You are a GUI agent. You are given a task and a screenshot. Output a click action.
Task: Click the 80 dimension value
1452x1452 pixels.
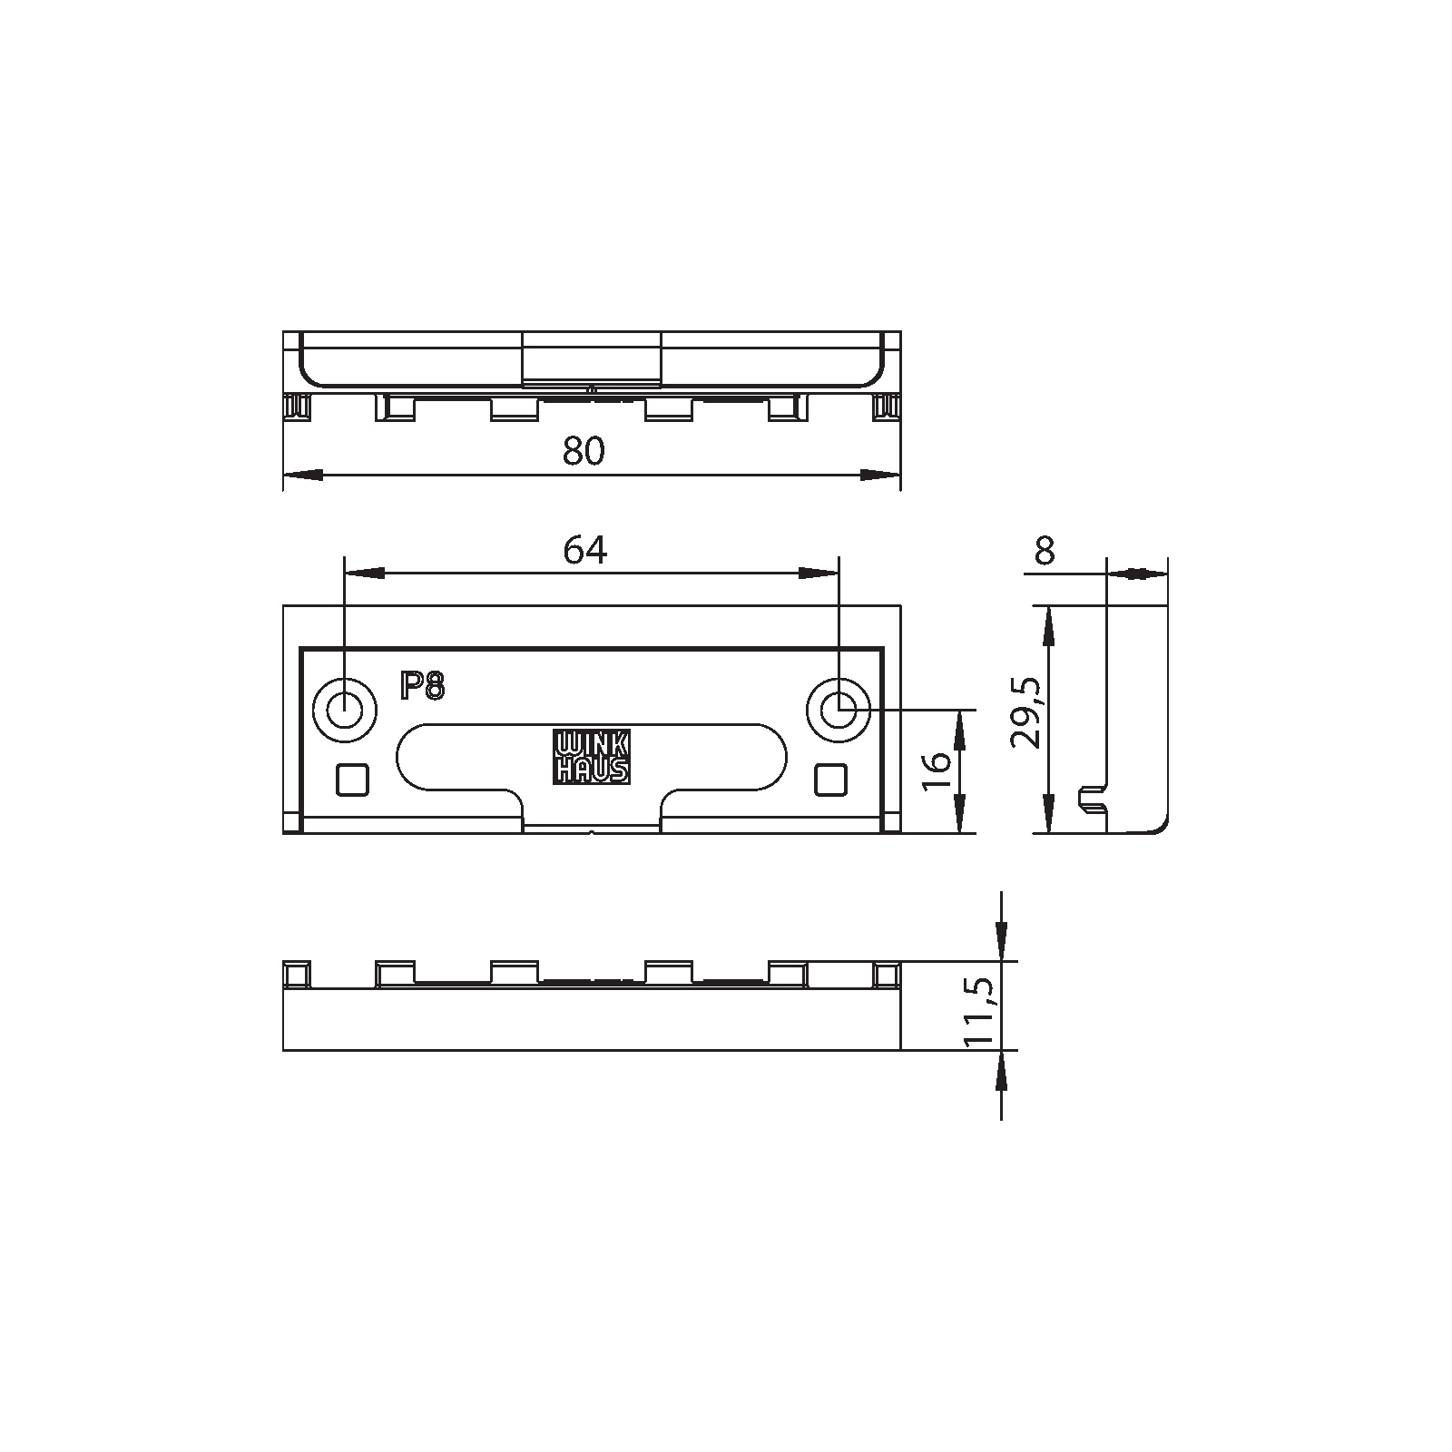click(584, 451)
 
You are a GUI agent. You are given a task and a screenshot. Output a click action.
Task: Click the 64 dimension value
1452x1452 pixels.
click(584, 550)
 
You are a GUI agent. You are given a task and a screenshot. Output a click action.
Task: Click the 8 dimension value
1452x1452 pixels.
click(1045, 550)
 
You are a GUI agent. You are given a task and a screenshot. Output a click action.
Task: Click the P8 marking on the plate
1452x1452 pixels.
click(423, 687)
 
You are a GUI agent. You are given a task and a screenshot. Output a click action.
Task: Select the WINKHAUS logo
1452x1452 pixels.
click(592, 758)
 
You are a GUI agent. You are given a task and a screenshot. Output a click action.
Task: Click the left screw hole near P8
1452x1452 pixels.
click(344, 708)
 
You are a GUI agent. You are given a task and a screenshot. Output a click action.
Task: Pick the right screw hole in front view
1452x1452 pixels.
click(839, 708)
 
